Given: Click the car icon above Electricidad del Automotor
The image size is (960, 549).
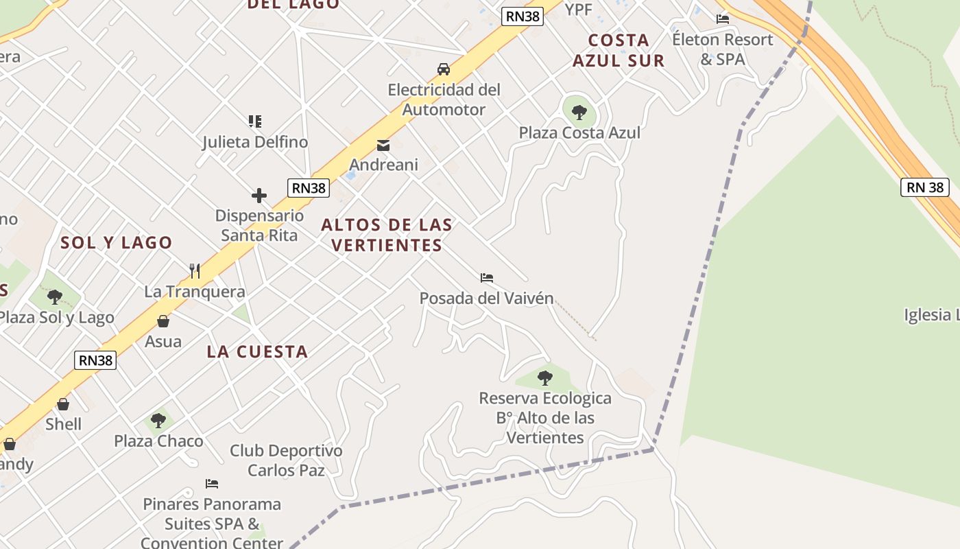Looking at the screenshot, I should pyautogui.click(x=444, y=69).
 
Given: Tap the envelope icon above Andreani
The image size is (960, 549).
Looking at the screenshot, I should pyautogui.click(x=383, y=145).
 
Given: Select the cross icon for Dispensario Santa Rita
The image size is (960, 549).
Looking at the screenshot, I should pyautogui.click(x=259, y=196).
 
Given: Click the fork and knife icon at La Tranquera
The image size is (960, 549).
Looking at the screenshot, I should pyautogui.click(x=195, y=271).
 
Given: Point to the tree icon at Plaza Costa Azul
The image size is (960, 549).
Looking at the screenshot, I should pyautogui.click(x=579, y=112).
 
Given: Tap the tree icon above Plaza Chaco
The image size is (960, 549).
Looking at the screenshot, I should pyautogui.click(x=158, y=420).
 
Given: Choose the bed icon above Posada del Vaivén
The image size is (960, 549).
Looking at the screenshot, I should pyautogui.click(x=487, y=278).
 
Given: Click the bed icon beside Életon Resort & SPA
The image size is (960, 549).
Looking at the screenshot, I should pyautogui.click(x=723, y=19).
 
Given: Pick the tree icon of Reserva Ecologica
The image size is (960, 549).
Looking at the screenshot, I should pyautogui.click(x=545, y=377).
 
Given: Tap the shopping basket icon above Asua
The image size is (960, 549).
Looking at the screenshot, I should pyautogui.click(x=163, y=321).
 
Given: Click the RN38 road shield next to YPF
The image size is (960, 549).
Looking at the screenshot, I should pyautogui.click(x=523, y=16).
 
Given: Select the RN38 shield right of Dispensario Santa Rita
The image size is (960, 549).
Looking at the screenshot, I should pyautogui.click(x=309, y=188).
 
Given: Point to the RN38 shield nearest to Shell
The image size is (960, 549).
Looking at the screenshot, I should pyautogui.click(x=95, y=360).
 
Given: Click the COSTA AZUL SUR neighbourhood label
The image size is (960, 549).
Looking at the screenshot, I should pyautogui.click(x=619, y=50).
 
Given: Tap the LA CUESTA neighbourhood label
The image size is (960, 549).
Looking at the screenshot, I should pyautogui.click(x=257, y=352).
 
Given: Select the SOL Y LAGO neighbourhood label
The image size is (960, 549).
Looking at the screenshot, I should pyautogui.click(x=117, y=242).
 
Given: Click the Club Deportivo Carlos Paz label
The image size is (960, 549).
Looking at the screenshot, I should pyautogui.click(x=286, y=460).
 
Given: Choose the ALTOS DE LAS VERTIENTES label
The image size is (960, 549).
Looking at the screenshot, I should pyautogui.click(x=387, y=235).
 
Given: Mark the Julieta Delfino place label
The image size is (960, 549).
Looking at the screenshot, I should pyautogui.click(x=255, y=142).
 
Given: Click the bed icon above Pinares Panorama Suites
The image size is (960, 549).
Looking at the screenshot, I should pyautogui.click(x=212, y=484).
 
